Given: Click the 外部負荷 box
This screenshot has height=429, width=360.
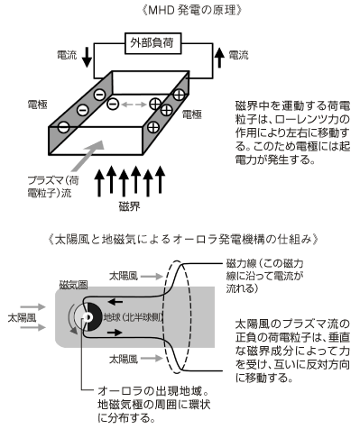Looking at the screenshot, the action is [x=153, y=43].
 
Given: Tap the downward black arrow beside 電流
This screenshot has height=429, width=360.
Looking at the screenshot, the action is [x=87, y=57].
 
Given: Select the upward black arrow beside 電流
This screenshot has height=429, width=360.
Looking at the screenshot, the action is [x=220, y=58].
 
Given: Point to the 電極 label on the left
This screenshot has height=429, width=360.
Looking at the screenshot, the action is [x=37, y=105].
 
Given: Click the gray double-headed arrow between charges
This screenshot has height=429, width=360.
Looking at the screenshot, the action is [x=134, y=105].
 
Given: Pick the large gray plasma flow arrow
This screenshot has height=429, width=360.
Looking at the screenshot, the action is [x=88, y=156].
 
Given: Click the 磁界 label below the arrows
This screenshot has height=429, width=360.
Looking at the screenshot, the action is [x=130, y=206].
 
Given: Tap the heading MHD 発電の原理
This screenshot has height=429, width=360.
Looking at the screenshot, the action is [x=191, y=11].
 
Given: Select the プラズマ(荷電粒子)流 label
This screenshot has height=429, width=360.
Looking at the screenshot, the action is [x=53, y=187].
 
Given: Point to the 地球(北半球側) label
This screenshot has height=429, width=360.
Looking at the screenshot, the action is [x=134, y=317].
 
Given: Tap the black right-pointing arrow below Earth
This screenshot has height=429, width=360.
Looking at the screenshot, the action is [x=115, y=333].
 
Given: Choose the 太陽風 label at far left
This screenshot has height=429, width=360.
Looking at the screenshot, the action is [x=22, y=317].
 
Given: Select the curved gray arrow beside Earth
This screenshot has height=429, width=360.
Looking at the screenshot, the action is [x=71, y=319].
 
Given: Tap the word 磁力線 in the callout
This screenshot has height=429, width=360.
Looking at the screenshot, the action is [x=241, y=263].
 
